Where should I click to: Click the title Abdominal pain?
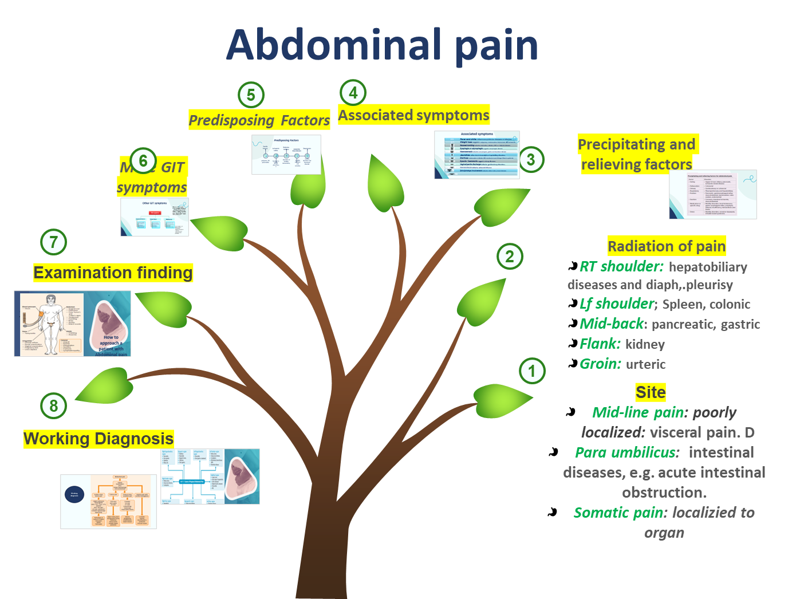(383, 45)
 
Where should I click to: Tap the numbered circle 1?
(532, 371)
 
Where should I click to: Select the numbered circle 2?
(510, 257)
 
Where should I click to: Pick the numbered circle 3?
(531, 159)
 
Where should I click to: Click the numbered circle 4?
(353, 92)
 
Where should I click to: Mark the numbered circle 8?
(54, 405)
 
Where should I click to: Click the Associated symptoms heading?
(413, 115)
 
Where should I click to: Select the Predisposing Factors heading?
(259, 120)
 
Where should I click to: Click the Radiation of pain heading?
(667, 246)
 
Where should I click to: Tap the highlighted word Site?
(651, 392)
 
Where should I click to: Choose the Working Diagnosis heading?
(98, 439)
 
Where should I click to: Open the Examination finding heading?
(113, 273)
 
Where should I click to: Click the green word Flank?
(600, 344)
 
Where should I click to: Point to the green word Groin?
(600, 364)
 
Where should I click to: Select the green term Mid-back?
(612, 324)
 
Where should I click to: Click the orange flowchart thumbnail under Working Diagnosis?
(108, 501)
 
